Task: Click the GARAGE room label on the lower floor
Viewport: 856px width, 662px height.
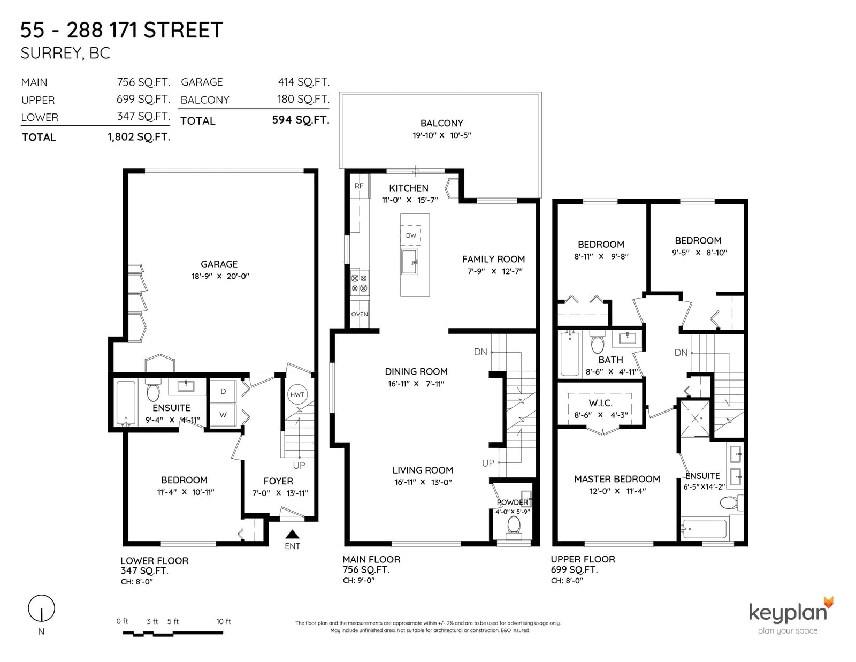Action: click(219, 264)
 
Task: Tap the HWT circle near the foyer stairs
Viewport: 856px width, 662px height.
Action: click(297, 394)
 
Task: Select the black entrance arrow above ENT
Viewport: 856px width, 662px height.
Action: click(292, 534)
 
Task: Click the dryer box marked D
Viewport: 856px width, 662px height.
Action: click(223, 391)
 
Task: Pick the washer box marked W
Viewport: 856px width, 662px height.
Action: click(223, 415)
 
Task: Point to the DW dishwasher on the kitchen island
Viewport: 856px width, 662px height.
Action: click(411, 235)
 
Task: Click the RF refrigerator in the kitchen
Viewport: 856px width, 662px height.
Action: click(359, 186)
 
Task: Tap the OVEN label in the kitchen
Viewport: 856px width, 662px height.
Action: click(360, 314)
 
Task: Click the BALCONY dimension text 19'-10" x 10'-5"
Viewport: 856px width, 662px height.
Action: click(441, 135)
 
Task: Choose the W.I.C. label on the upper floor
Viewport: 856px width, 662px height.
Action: click(601, 403)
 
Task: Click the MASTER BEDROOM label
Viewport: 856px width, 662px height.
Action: click(617, 479)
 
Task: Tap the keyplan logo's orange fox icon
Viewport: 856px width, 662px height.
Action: click(828, 602)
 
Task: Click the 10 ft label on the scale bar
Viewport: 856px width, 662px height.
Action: click(223, 621)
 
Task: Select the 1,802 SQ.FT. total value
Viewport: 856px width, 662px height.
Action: click(139, 137)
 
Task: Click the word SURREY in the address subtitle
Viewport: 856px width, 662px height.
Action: click(52, 54)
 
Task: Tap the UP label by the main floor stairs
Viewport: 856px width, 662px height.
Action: click(488, 463)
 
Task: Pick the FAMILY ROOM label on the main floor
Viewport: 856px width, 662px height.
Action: click(493, 259)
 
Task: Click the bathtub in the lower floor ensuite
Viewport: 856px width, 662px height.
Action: click(126, 403)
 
